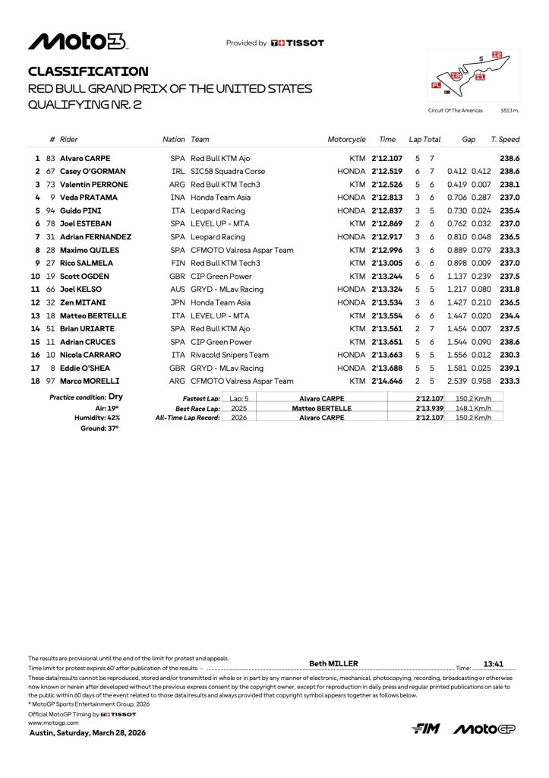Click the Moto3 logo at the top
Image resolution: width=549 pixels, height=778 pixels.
pos(77,42)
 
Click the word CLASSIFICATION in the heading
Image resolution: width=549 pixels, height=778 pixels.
pos(88,71)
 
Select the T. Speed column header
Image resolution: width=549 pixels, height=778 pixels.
pos(505,140)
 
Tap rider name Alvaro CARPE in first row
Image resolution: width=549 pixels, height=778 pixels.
pos(87,158)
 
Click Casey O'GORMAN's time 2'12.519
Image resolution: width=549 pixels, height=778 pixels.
pos(386,172)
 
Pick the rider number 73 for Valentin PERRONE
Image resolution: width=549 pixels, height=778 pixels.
pos(51,185)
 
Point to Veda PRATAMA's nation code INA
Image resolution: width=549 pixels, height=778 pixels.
pos(178,198)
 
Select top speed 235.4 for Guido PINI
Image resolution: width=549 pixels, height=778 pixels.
pos(510,210)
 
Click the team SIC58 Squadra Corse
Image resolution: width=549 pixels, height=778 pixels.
pos(228,172)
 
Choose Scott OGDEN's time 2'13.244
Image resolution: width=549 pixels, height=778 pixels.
pos(386,276)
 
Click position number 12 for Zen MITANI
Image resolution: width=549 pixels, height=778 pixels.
pos(34,302)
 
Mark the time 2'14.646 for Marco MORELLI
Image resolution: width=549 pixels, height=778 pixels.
pos(386,381)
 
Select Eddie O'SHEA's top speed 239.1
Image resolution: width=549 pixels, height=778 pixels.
pos(510,368)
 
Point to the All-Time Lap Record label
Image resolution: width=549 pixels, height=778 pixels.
pos(188,418)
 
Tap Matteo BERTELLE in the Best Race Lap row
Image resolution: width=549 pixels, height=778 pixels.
pos(322,408)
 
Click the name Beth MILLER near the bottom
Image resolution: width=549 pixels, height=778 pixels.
pos(333,663)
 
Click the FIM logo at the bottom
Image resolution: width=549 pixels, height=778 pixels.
pos(426,729)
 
